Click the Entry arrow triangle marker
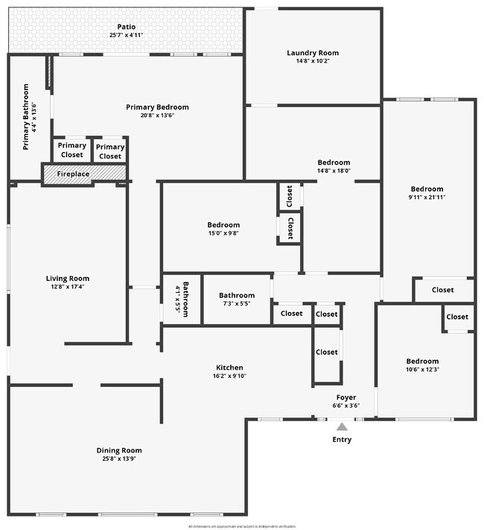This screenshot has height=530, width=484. point(342,426)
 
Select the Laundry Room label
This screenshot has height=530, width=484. point(313,53)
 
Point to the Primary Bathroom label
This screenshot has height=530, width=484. point(25,117)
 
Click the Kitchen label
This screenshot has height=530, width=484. point(229,367)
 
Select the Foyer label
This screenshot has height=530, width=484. point(346,397)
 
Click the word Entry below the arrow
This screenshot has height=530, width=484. point(342,440)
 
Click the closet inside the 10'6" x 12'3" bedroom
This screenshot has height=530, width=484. point(457,317)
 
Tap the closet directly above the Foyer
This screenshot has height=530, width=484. point(326,352)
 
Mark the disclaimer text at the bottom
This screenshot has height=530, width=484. point(241,526)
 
